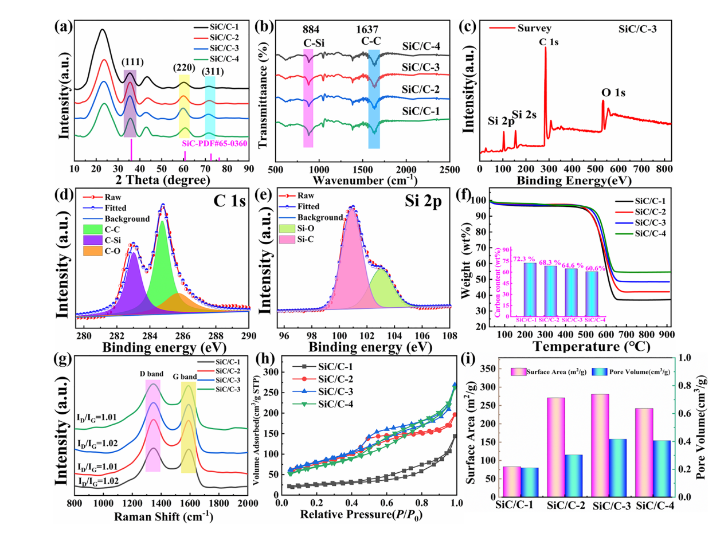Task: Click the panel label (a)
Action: tap(64, 26)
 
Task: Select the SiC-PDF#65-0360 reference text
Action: tap(214, 143)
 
